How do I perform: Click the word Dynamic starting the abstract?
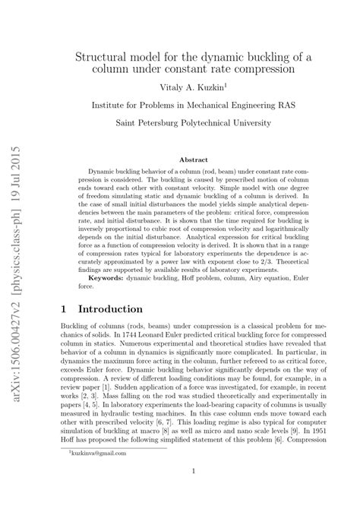tap(102, 172)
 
